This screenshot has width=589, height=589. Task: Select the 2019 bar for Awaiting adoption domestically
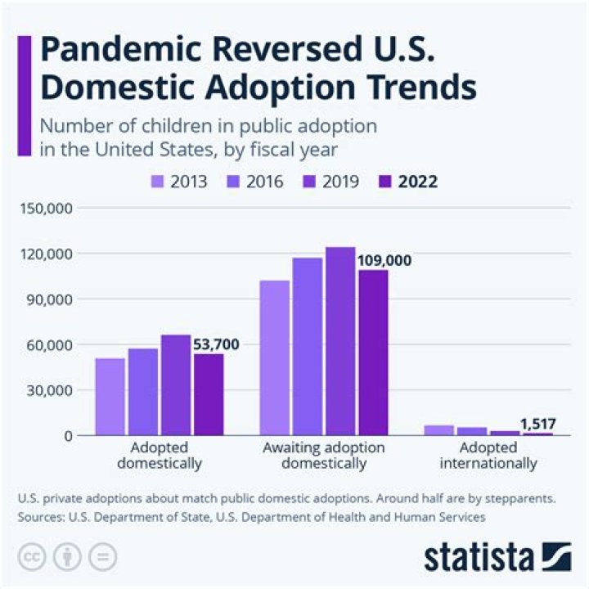(339, 341)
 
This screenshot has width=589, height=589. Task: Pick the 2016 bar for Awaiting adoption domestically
(307, 347)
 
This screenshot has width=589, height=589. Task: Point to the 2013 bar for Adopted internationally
(439, 430)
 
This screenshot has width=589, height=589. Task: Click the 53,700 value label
(216, 344)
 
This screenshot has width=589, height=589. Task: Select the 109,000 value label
(384, 261)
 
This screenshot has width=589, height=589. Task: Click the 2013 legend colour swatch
(158, 182)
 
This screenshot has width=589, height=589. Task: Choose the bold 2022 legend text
(417, 182)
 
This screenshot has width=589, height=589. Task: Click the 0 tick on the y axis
(69, 435)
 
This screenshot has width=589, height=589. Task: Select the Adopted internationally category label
(488, 456)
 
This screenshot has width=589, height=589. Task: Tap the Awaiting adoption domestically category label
(324, 456)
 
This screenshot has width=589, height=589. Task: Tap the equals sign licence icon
(102, 556)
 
